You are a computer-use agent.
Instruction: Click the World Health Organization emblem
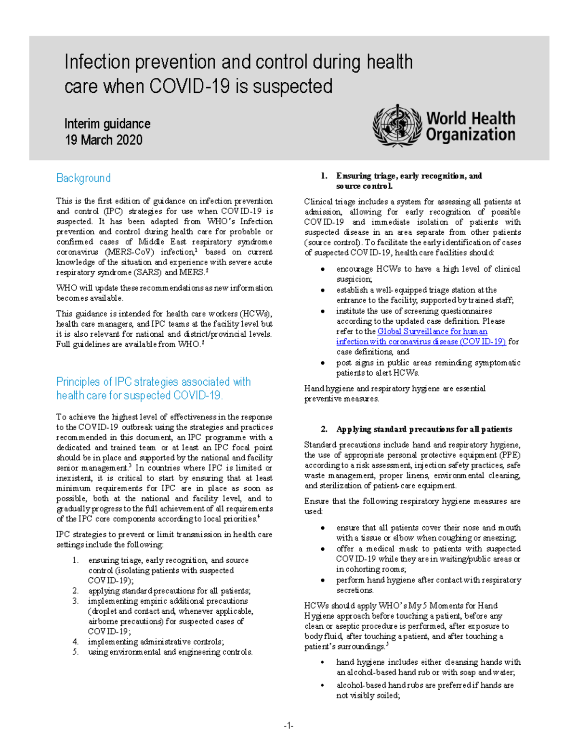(397, 126)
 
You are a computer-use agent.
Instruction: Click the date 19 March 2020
(104, 140)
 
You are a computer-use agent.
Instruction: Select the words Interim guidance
(107, 124)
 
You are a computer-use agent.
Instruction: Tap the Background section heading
(83, 178)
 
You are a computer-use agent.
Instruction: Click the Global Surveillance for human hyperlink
(432, 331)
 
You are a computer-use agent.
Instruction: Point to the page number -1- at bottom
(289, 726)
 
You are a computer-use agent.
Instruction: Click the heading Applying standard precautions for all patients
(424, 429)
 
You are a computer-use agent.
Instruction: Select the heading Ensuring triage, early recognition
(408, 176)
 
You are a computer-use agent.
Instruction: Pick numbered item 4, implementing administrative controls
(156, 642)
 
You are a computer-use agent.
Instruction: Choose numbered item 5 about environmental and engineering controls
(170, 652)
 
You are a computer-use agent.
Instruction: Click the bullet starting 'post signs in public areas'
(428, 367)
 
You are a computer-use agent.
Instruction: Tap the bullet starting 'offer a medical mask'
(428, 558)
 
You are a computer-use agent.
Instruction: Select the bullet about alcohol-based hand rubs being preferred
(424, 690)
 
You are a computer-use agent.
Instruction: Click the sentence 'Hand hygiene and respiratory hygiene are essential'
(394, 388)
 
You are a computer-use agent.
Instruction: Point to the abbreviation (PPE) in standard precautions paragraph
(510, 455)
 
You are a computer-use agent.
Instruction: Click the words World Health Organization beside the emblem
(470, 126)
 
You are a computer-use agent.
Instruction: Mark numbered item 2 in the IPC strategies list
(169, 591)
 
